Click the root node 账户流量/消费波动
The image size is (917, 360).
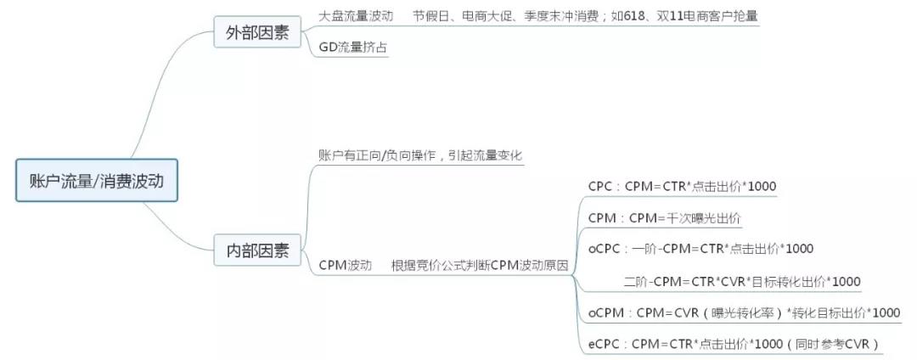click(97, 180)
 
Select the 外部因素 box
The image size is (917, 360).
click(256, 33)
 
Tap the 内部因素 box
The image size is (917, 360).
click(256, 250)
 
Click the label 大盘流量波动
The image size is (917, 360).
click(356, 16)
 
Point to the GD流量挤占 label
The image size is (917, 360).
click(353, 48)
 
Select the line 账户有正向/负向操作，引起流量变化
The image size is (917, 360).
click(420, 155)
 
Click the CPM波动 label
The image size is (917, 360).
click(346, 266)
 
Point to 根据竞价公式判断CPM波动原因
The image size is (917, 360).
click(480, 266)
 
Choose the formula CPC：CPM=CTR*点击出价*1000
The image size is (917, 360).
click(682, 187)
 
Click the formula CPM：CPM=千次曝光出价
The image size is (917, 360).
click(664, 218)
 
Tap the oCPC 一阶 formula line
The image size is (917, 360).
click(700, 249)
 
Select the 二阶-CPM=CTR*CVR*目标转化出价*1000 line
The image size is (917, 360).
click(742, 281)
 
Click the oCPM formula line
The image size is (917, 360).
click(744, 312)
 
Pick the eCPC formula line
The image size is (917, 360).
click(734, 344)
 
